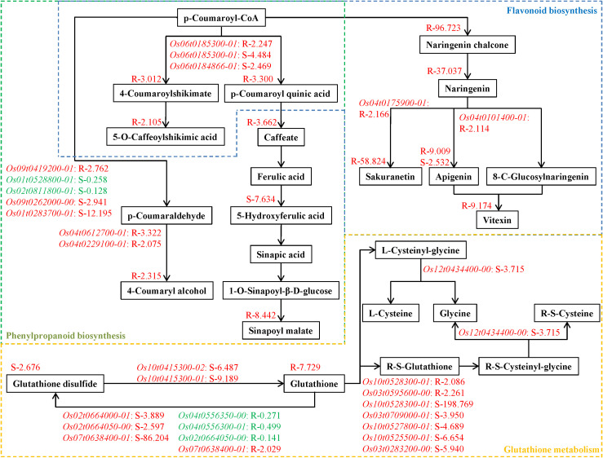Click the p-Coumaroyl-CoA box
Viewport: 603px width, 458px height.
point(221,18)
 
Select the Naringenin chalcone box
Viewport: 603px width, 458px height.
point(467,45)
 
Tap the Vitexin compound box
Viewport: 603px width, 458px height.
point(497,220)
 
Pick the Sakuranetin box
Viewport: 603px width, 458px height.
point(390,177)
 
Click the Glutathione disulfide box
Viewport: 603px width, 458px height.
point(55,384)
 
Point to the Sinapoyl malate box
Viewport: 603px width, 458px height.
point(281,331)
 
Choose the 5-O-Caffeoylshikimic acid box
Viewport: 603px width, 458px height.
point(166,137)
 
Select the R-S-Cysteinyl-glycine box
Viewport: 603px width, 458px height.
point(529,367)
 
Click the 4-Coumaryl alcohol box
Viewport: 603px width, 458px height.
point(166,291)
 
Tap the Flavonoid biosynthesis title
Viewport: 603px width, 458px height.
point(552,11)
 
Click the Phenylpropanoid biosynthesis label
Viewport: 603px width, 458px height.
point(66,336)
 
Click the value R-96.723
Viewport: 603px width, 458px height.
point(443,28)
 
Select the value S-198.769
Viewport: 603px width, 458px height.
point(454,404)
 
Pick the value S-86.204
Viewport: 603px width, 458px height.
point(152,438)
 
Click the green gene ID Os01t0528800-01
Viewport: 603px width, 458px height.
point(39,180)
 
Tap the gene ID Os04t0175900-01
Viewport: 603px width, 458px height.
point(393,103)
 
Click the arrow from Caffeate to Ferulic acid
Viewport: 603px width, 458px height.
point(282,156)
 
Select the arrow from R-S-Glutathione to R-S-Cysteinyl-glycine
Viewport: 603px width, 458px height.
point(469,366)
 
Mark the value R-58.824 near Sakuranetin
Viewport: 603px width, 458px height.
point(369,161)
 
